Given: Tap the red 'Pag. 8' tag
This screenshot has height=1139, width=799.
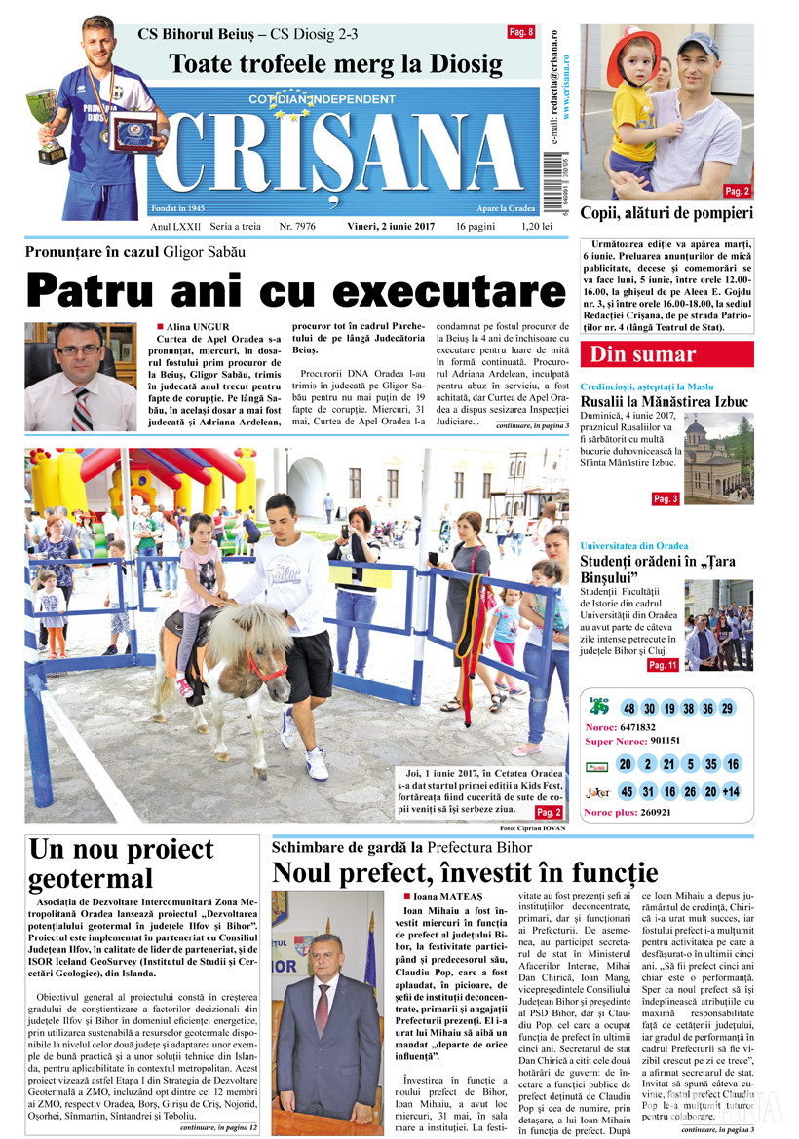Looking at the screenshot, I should pos(521,32).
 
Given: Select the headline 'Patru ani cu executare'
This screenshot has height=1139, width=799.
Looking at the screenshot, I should pos(296,290).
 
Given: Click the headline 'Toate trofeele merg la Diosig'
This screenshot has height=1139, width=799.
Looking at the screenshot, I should pos(336,65).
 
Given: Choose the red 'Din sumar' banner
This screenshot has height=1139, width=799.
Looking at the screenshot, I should pos(642,354).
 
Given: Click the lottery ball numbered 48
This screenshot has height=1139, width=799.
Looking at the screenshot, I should pos(629,708).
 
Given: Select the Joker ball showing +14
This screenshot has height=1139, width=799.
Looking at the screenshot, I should pos(731,791).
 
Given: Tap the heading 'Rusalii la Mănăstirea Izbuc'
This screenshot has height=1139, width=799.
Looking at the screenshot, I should pos(665,401).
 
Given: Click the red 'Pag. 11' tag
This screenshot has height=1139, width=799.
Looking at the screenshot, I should pos(663,665).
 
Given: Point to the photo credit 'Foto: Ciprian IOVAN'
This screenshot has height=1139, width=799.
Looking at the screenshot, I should pos(532,827).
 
